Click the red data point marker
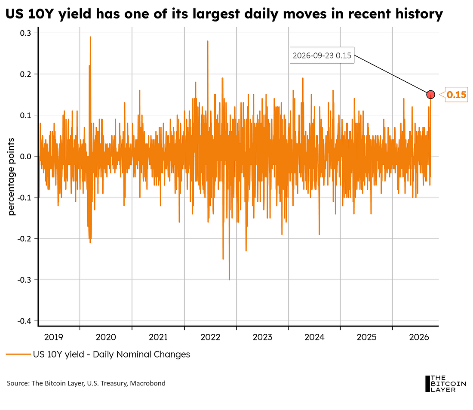pyautogui.click(x=430, y=95)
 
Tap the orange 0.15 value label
pyautogui.click(x=456, y=95)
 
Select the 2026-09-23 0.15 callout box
pyautogui.click(x=322, y=55)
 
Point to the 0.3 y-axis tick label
pyautogui.click(x=25, y=33)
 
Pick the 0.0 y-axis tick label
pyautogui.click(x=25, y=157)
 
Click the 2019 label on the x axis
pyautogui.click(x=54, y=337)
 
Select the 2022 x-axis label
pyautogui.click(x=211, y=337)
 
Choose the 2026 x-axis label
pyautogui.click(x=419, y=337)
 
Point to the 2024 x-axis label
pyautogui.click(x=314, y=337)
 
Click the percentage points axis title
pyautogui.click(x=11, y=177)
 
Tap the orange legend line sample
pyautogui.click(x=18, y=354)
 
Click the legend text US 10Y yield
pyautogui.click(x=58, y=354)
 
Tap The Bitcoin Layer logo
pyautogui.click(x=445, y=384)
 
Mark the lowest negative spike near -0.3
pyautogui.click(x=229, y=279)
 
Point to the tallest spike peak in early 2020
pyautogui.click(x=90, y=37)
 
